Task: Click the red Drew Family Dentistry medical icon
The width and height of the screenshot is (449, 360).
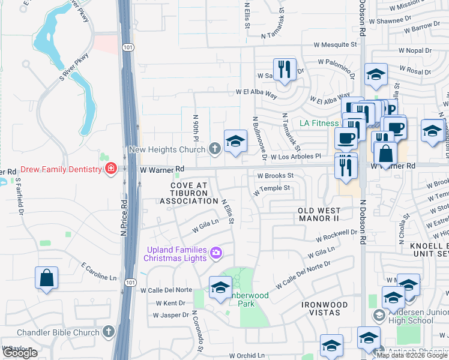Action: [x=110, y=170]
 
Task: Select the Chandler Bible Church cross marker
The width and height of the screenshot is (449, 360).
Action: [x=108, y=332]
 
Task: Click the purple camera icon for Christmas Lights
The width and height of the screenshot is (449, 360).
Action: [x=215, y=254]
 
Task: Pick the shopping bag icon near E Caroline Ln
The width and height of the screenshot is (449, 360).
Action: [x=46, y=278]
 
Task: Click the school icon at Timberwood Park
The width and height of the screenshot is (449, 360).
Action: [x=220, y=288]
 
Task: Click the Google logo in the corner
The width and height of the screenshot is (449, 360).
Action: [x=20, y=353]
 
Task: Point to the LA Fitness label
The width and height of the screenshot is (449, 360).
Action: [x=319, y=124]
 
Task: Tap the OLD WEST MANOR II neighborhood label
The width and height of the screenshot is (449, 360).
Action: [x=319, y=214]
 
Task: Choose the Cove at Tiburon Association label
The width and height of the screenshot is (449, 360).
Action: [x=188, y=193]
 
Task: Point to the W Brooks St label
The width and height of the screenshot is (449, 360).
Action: [x=274, y=176]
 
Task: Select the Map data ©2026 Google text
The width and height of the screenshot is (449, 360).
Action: [x=411, y=355]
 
